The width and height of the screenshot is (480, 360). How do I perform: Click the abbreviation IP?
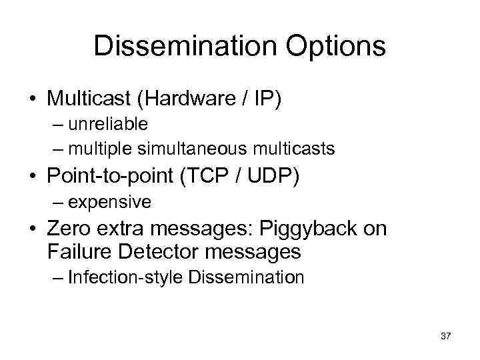(264, 99)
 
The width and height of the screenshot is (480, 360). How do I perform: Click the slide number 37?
(445, 337)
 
